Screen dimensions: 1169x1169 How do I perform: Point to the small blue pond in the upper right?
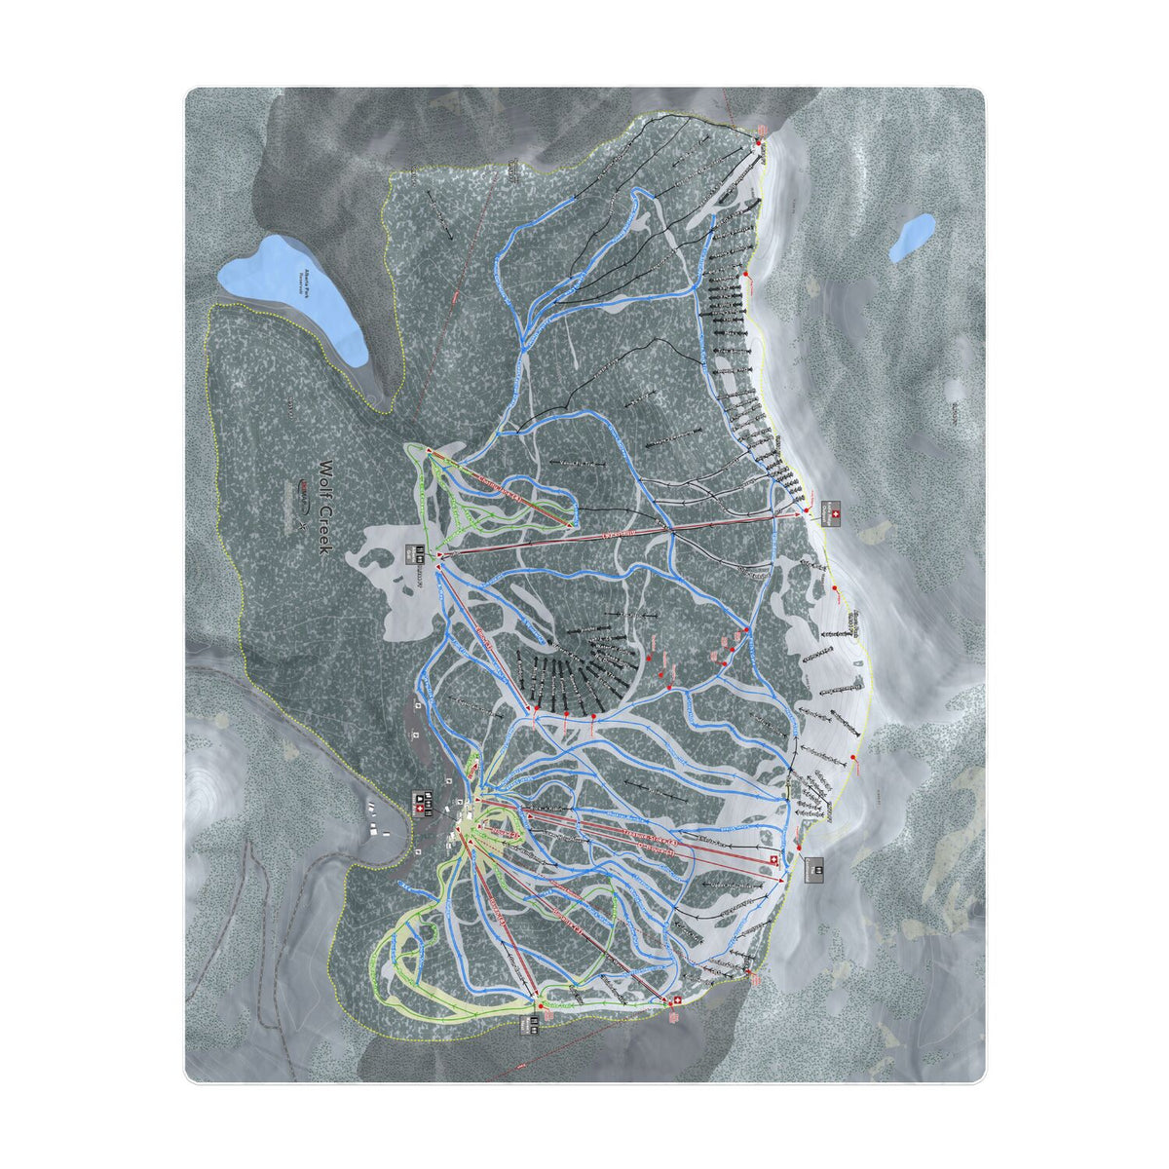912,237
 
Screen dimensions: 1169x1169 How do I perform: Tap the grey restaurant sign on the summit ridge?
815,869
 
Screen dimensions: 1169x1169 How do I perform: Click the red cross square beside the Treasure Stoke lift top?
774,858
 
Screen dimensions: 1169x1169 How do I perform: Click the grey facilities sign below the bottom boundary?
534,1025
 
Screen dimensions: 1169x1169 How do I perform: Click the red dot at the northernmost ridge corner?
759,143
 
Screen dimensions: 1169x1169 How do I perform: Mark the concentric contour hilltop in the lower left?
207,784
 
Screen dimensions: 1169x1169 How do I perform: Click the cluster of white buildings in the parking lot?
376,819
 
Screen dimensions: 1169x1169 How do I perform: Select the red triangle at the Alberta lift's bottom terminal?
440,555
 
